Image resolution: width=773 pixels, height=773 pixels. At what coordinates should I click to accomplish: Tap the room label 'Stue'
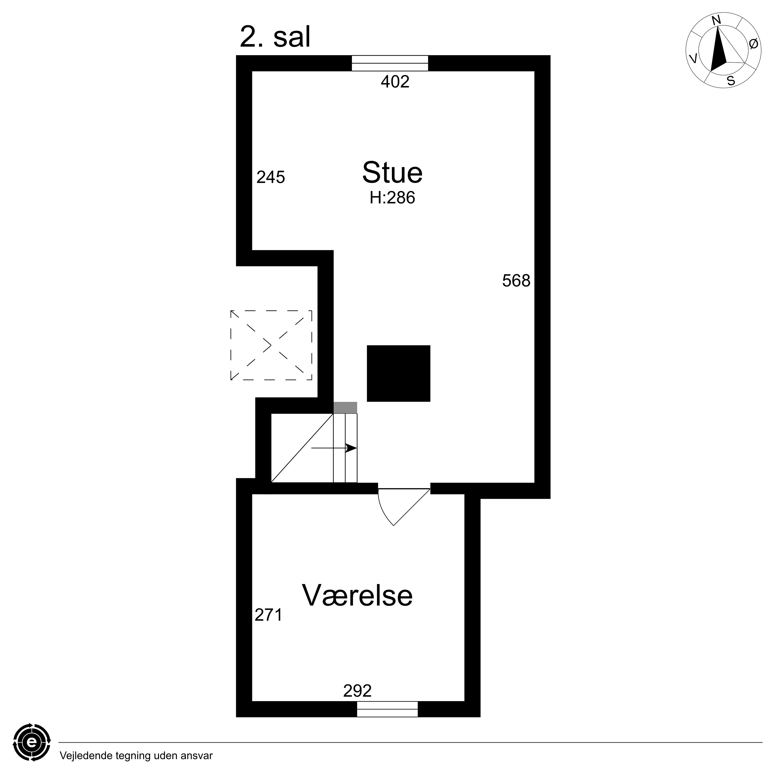click(392, 173)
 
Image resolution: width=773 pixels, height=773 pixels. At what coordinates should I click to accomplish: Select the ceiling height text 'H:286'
click(392, 198)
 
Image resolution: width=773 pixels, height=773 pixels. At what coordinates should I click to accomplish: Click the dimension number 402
click(395, 82)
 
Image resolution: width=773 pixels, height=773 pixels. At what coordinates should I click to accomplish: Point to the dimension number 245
click(271, 177)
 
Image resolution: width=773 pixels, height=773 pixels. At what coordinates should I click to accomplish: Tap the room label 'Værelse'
click(357, 595)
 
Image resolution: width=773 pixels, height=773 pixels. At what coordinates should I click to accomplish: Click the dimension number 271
click(269, 615)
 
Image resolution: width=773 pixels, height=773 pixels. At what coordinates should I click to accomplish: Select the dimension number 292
click(357, 691)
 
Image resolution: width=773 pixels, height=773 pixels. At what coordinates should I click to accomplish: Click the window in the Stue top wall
click(390, 63)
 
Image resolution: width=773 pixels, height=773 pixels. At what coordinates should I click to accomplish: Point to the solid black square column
click(399, 373)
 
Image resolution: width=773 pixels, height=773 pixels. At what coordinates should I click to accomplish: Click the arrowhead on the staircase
click(351, 448)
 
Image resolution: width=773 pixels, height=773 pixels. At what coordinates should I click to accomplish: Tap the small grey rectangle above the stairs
click(345, 408)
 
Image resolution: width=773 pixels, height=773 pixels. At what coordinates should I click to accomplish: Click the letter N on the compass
click(717, 20)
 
